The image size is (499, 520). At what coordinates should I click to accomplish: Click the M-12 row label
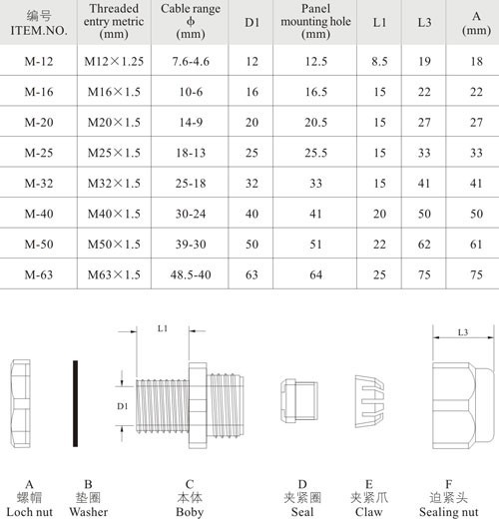tap(39, 61)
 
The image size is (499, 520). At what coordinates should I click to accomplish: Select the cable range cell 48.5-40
tap(191, 274)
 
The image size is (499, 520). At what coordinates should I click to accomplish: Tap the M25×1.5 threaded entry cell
tap(114, 153)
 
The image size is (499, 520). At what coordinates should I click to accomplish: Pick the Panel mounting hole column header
tap(315, 22)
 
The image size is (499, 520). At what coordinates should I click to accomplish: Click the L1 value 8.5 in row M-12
tap(379, 61)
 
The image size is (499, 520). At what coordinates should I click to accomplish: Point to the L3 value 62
tap(424, 245)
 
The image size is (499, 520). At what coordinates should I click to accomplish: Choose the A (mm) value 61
tap(476, 245)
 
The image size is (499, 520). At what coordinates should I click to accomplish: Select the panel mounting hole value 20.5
tap(316, 122)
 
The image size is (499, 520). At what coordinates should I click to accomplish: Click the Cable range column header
tap(191, 22)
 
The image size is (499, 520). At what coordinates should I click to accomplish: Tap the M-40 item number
tap(39, 214)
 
